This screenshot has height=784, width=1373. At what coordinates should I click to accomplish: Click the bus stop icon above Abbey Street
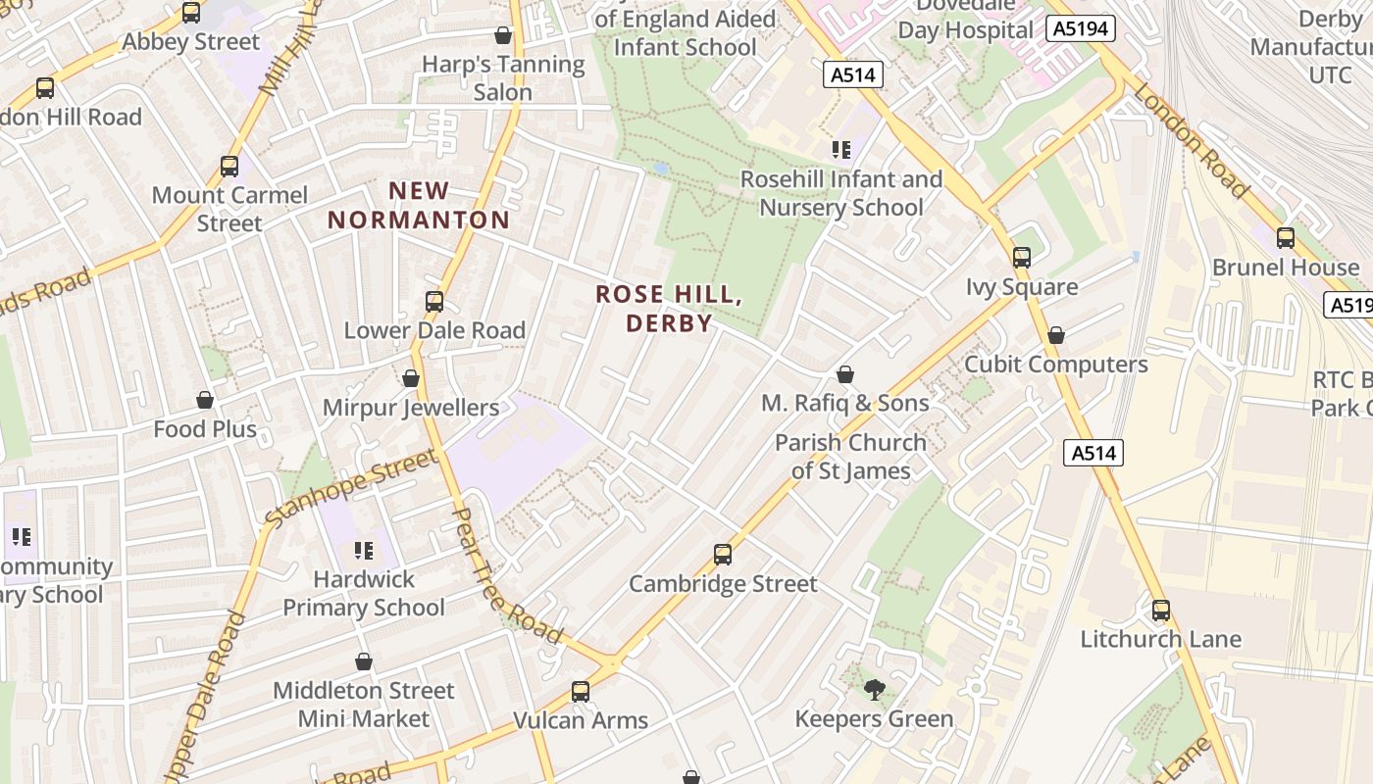pos(191,13)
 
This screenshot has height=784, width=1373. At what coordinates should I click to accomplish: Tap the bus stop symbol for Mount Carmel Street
pos(229,167)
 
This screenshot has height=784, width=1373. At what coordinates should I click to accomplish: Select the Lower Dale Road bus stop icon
pos(434,302)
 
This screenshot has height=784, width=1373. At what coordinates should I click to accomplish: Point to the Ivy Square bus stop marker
pos(1022,258)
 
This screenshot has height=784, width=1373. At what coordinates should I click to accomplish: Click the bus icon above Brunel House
pos(1285,238)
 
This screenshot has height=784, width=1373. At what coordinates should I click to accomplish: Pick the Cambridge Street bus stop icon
pos(723,555)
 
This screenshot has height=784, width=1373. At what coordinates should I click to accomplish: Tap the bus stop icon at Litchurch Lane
pos(1161,611)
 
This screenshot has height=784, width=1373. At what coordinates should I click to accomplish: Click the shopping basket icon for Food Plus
pos(205,400)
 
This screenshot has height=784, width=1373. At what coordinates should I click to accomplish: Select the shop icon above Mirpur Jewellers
pos(411,378)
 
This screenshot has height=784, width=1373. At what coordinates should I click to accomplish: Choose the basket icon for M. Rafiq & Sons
pos(844,374)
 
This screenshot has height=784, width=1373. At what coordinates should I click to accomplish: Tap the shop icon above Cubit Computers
pos(1056,335)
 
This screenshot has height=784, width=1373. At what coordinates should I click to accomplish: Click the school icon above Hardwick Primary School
pos(364,551)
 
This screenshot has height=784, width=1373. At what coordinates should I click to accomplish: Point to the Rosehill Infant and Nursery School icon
pos(840,150)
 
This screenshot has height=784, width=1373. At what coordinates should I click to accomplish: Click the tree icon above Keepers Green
pos(874,690)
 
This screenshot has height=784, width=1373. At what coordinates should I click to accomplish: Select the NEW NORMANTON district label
pos(419,206)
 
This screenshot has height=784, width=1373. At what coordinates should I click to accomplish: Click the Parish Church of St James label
pos(850,457)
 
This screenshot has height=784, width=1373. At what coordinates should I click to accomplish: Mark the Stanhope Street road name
pos(351,487)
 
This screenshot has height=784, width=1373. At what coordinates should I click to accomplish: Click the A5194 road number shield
pos(1083,28)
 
